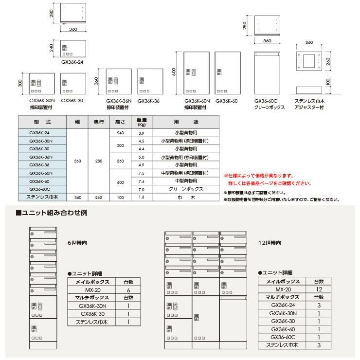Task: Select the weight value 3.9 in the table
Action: click(142, 132)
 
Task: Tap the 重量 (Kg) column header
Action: click(142, 121)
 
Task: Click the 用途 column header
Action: click(185, 121)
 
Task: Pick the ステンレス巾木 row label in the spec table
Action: click(41, 197)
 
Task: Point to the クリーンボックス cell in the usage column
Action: click(185, 189)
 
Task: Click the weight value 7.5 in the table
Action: click(142, 173)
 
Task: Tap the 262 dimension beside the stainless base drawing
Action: click(329, 60)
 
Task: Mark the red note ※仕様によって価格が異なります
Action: click(258, 175)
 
